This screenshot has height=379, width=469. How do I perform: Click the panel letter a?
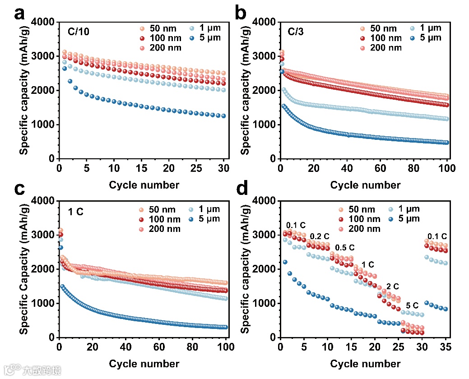[19, 14]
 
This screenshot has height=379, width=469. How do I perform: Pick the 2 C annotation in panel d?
[392, 286]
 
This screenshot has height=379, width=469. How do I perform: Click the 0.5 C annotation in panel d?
[345, 248]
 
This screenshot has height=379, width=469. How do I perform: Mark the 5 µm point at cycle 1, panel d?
[285, 262]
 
